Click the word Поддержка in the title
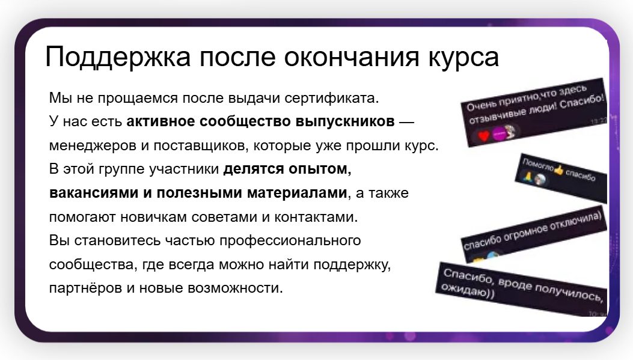(117, 56)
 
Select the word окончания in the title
(352, 57)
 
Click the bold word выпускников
(345, 121)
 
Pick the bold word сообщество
(245, 121)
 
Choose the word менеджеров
(93, 145)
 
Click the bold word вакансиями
(94, 193)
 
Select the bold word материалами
(297, 193)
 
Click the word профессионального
(290, 240)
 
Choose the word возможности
(236, 288)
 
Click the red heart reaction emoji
(484, 136)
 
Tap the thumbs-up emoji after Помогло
(558, 170)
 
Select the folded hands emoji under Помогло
(527, 176)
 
